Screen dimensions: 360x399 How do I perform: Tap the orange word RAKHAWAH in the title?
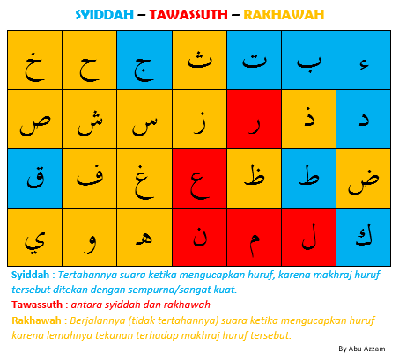tap(284, 14)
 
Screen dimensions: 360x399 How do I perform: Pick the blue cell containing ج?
tap(144, 60)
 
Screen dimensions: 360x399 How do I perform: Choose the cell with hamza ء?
tap(363, 60)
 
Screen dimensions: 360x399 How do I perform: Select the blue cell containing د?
tap(363, 119)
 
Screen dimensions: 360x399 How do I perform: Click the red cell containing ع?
tap(199, 178)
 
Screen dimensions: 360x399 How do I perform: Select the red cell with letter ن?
tap(199, 237)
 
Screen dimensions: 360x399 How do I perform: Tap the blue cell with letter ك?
tap(363, 237)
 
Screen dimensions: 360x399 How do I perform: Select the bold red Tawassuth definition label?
tap(36, 305)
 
